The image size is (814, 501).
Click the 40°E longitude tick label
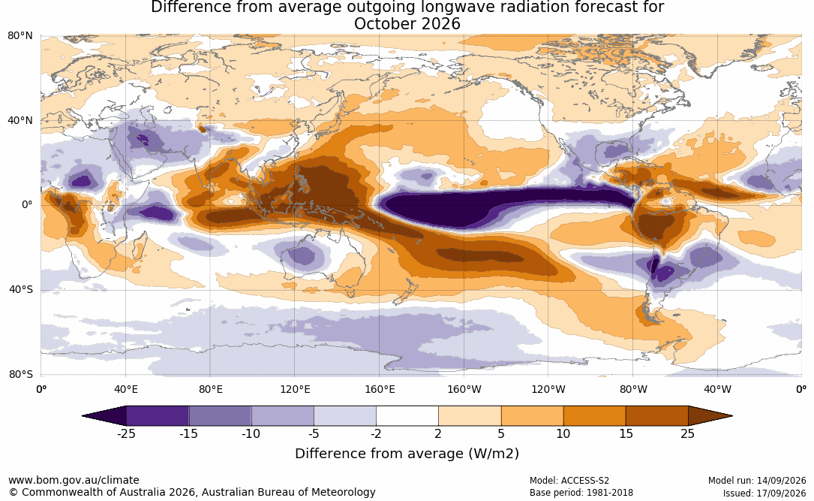(x=125, y=389)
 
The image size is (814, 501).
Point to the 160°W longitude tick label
(x=464, y=389)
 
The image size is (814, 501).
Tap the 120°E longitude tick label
(x=295, y=389)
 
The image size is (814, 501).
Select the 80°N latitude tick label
(x=20, y=36)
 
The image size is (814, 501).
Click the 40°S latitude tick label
(x=21, y=289)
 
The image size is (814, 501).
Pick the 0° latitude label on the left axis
(x=27, y=205)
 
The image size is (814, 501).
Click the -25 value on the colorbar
(x=126, y=434)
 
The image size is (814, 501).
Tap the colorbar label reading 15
(x=626, y=434)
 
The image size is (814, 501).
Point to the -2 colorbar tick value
(x=376, y=434)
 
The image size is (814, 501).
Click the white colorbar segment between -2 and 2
(x=407, y=416)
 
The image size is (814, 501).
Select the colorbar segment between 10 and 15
(x=594, y=416)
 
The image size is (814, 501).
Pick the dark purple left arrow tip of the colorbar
(x=83, y=416)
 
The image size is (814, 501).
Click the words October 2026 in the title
(x=407, y=24)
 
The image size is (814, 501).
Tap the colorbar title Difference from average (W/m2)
(x=407, y=454)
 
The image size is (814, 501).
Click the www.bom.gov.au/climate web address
(x=74, y=480)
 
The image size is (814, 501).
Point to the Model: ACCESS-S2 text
(x=569, y=481)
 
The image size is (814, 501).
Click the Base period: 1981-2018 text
(x=581, y=493)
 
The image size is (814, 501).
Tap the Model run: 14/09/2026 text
(x=757, y=481)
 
